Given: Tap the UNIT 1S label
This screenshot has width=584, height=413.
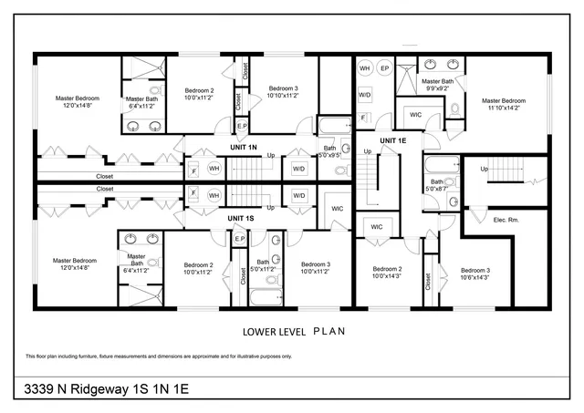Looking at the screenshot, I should pyautogui.click(x=241, y=219).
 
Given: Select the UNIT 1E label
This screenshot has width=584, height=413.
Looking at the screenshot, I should pyautogui.click(x=392, y=140).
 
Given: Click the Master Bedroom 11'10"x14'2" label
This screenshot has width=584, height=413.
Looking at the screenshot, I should pyautogui.click(x=503, y=104).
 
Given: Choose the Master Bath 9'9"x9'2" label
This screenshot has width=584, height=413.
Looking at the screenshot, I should pyautogui.click(x=440, y=85).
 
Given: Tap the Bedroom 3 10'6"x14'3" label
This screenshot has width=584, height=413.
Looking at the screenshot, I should pyautogui.click(x=474, y=274).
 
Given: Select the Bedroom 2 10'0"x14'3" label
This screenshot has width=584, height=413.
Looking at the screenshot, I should pyautogui.click(x=387, y=274).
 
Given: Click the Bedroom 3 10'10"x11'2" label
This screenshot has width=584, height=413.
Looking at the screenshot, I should pyautogui.click(x=284, y=92).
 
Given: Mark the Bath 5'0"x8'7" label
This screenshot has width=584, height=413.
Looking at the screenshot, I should pyautogui.click(x=437, y=186).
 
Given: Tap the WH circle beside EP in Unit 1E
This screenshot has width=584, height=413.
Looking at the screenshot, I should pyautogui.click(x=364, y=68).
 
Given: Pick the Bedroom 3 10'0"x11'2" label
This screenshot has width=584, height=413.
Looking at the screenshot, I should pyautogui.click(x=316, y=269).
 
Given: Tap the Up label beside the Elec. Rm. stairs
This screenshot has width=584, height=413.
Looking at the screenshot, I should pyautogui.click(x=484, y=169).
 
